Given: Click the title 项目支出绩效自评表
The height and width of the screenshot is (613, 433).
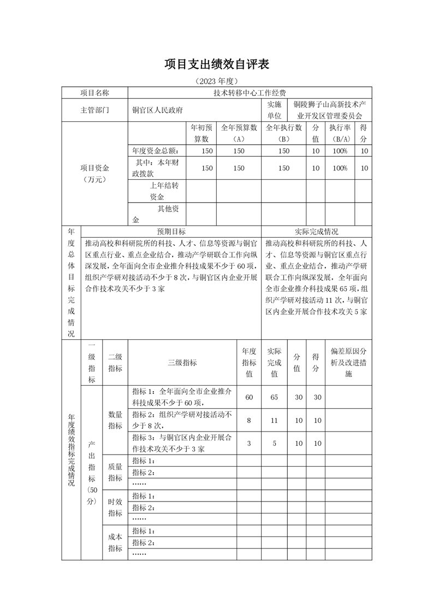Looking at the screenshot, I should pyautogui.click(x=217, y=64).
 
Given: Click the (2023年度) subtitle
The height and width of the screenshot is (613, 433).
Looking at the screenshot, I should pyautogui.click(x=217, y=81).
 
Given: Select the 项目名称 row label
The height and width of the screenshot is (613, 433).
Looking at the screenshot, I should pyautogui.click(x=94, y=93).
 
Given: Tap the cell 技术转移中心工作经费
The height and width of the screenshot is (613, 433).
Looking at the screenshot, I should pyautogui.click(x=250, y=93).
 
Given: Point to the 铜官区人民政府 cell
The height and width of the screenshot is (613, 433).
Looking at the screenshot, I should pyautogui.click(x=158, y=110).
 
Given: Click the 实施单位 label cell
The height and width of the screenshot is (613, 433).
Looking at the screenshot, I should pyautogui.click(x=274, y=110).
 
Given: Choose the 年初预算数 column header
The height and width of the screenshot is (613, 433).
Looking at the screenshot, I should pyautogui.click(x=202, y=133).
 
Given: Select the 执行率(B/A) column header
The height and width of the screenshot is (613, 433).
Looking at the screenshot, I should pyautogui.click(x=340, y=133).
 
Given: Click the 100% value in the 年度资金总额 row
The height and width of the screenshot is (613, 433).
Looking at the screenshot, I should pyautogui.click(x=340, y=151).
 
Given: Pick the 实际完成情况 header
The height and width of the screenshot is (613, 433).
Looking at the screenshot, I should pyautogui.click(x=316, y=232).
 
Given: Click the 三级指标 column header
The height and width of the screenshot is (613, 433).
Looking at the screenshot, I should pyautogui.click(x=182, y=363).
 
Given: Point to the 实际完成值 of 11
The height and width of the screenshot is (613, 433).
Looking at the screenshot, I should pyautogui.click(x=274, y=420).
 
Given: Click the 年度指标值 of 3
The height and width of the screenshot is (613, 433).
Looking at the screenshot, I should pyautogui.click(x=249, y=444).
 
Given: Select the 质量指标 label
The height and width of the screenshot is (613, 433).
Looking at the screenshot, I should pyautogui.click(x=115, y=473).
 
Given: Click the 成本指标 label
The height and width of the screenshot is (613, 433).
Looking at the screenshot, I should pyautogui.click(x=115, y=543).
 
